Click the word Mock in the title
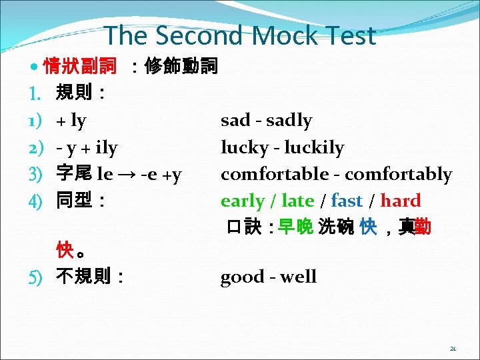(275, 35)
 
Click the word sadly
(289, 121)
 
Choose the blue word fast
(346, 201)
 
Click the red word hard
(400, 201)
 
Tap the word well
(297, 277)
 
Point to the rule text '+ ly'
(71, 121)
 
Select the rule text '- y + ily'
(87, 147)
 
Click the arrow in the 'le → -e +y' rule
(125, 175)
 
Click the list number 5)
(35, 277)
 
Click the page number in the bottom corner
(453, 347)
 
